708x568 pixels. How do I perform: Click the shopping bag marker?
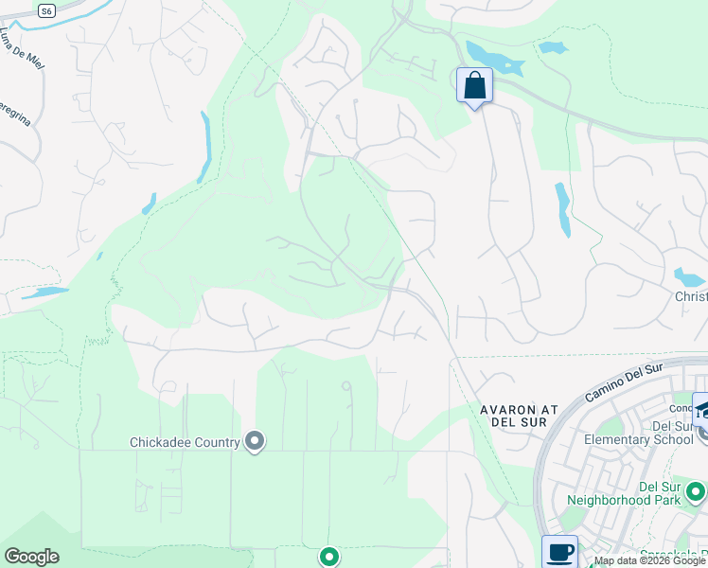474,86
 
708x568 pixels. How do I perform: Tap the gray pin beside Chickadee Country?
255,441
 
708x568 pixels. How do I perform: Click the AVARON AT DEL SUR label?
518,415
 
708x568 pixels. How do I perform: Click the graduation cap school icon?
701,411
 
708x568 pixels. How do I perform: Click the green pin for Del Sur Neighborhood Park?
697,491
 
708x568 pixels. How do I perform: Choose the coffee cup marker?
559,552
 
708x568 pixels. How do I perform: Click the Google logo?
31,557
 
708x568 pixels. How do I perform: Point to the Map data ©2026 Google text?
649,561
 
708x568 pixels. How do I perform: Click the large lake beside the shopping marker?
493,60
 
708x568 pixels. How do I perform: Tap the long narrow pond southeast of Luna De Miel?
204,147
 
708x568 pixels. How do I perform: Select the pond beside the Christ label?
689,276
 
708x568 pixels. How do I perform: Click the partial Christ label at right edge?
690,296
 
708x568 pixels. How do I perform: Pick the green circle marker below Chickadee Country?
328,557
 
